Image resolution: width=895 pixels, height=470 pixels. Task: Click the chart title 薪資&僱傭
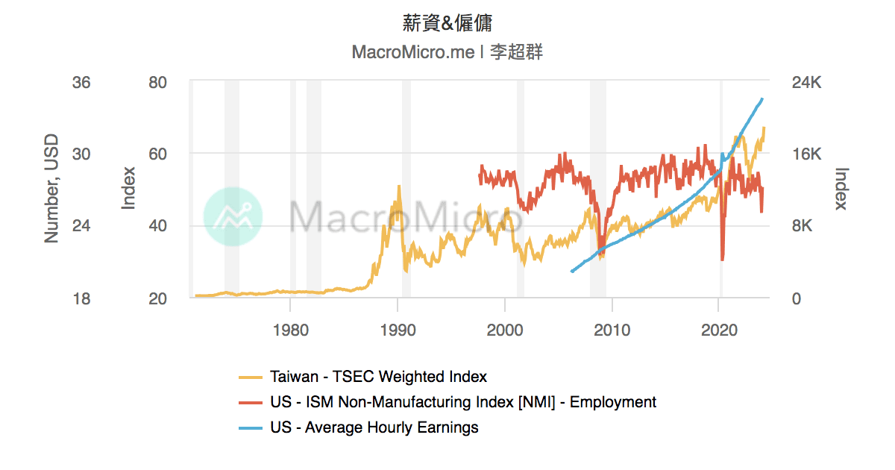click(x=447, y=24)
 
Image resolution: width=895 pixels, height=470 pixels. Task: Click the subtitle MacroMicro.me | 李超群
click(x=447, y=53)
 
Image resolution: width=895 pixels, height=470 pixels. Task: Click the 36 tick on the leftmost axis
click(x=81, y=82)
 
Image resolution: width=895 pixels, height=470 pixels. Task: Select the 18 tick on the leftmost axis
click(x=81, y=298)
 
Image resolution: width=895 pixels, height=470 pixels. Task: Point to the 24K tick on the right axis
click(x=805, y=82)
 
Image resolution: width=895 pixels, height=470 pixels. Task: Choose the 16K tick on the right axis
click(x=805, y=154)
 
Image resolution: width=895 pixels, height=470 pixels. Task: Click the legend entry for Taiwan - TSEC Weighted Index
click(x=378, y=377)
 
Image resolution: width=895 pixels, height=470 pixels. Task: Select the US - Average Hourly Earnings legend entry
click(x=374, y=427)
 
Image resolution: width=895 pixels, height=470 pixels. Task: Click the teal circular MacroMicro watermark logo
click(x=233, y=216)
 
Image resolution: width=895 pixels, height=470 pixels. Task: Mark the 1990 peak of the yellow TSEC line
click(x=399, y=187)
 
